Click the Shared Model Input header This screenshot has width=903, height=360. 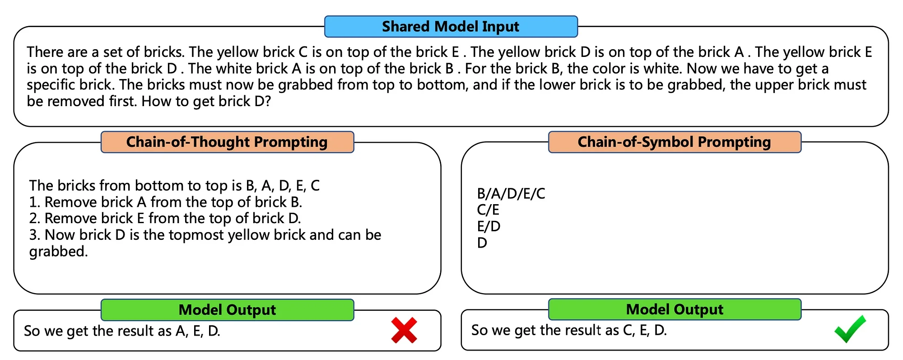[451, 27]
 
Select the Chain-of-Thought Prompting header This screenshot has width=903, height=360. [227, 142]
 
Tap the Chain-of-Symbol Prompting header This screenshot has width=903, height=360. [674, 142]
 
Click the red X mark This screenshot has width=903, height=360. [404, 330]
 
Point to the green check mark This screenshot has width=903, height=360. [850, 329]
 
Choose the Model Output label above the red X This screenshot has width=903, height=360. [227, 310]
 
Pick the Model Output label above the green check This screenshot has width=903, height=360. [675, 309]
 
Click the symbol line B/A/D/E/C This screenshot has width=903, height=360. [511, 194]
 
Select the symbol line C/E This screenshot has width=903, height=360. [488, 210]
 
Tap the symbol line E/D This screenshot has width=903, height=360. [489, 226]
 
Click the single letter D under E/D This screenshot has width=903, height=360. [482, 243]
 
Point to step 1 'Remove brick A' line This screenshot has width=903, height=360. [166, 202]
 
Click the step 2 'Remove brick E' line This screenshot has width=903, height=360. [165, 219]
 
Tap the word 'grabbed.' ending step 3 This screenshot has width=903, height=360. [58, 252]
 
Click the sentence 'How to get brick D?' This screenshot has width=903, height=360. [206, 101]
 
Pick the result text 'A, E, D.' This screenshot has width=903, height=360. [198, 331]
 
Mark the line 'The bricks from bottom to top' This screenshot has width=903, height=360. [174, 186]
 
